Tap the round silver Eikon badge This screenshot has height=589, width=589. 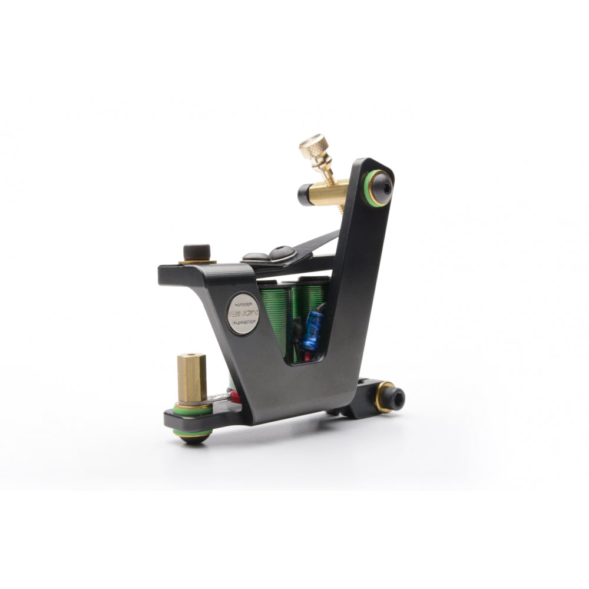pyautogui.click(x=243, y=313)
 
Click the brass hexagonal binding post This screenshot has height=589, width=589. pyautogui.click(x=192, y=378)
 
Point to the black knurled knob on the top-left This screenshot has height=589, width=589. pyautogui.click(x=197, y=252)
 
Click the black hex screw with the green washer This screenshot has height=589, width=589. pyautogui.click(x=379, y=187)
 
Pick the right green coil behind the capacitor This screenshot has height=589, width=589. pyautogui.click(x=315, y=294)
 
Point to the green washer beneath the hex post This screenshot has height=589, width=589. pyautogui.click(x=192, y=408)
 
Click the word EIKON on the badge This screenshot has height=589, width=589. pyautogui.click(x=243, y=314)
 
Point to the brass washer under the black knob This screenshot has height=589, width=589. pyautogui.click(x=197, y=261)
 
